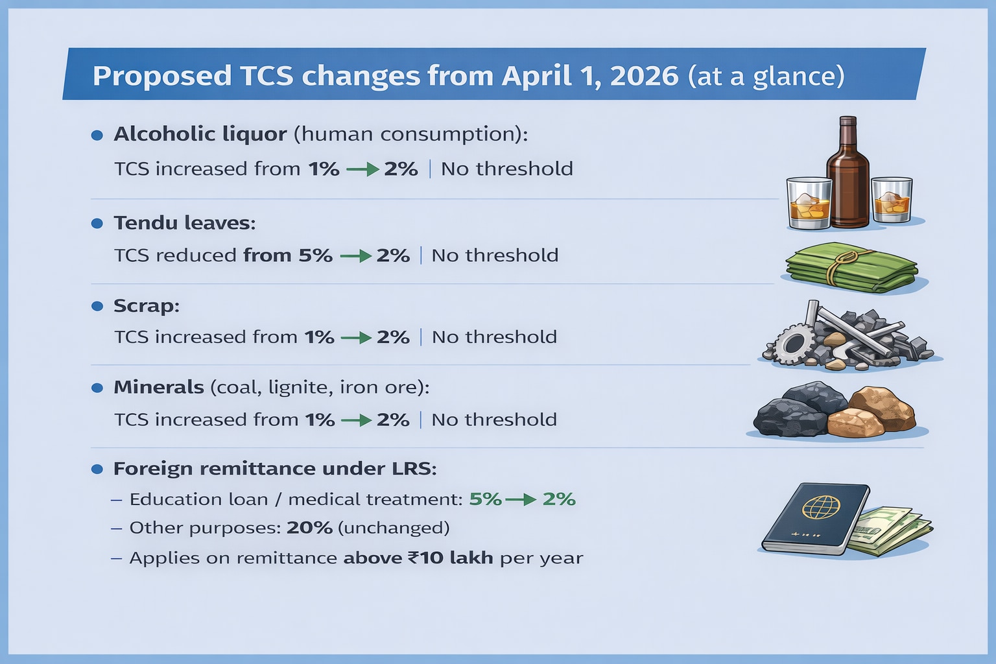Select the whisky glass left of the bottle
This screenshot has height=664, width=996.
[809, 203]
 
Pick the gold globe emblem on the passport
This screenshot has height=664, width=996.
[821, 508]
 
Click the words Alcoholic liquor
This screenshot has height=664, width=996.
[200, 134]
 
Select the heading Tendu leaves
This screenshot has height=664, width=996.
[185, 222]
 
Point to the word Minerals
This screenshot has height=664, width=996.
[159, 387]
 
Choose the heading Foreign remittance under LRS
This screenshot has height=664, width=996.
[275, 469]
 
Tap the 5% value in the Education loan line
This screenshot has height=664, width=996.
[485, 499]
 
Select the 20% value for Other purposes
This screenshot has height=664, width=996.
[309, 528]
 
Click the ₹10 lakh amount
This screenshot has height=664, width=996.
[450, 558]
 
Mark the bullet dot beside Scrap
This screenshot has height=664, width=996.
[97, 306]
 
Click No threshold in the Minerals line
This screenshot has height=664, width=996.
[494, 420]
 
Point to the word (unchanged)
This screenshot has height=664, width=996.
[394, 528]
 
